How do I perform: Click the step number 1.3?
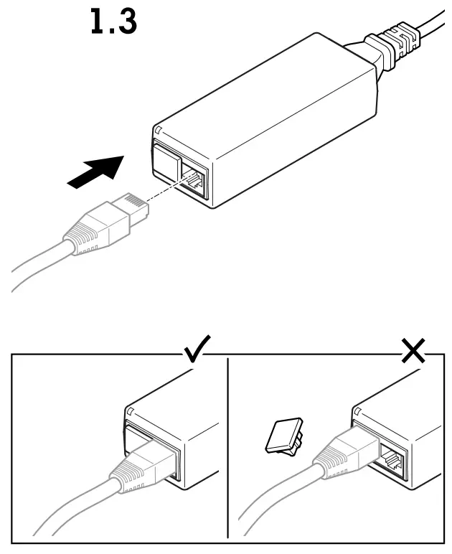pos(113,22)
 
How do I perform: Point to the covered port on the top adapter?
pos(164,164)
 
